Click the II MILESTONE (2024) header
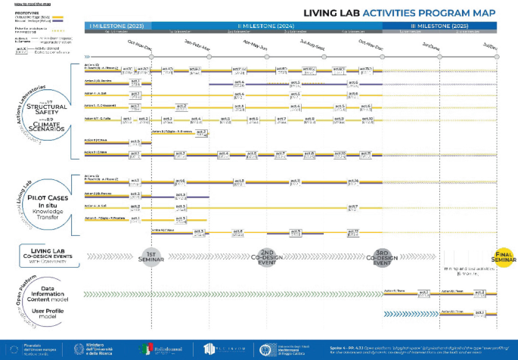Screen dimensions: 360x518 [266, 26]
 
